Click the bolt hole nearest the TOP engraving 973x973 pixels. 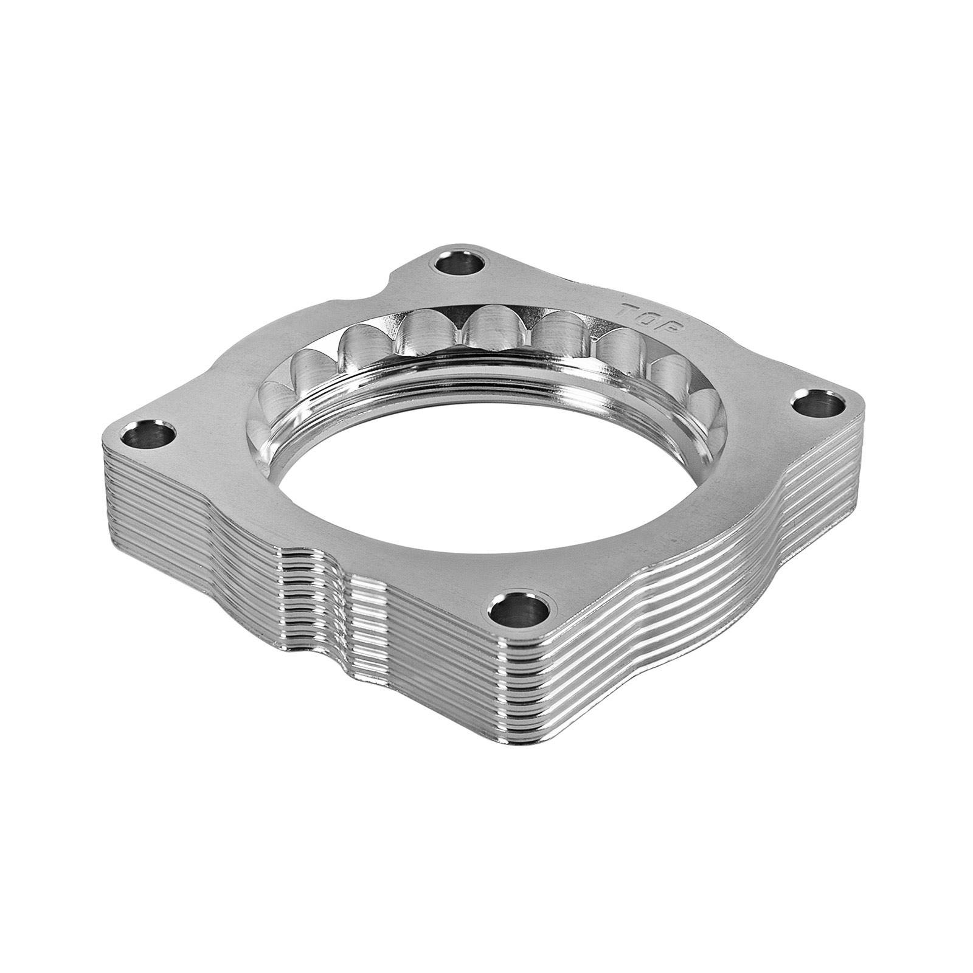459,265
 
